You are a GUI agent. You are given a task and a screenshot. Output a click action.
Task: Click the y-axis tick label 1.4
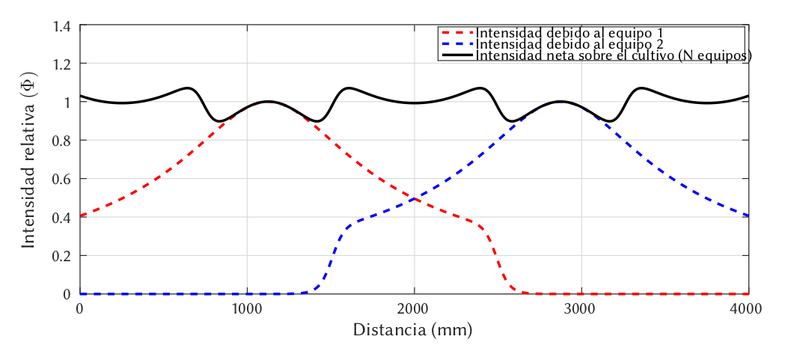click(x=63, y=27)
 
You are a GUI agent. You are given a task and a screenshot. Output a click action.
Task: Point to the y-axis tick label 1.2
click(x=63, y=64)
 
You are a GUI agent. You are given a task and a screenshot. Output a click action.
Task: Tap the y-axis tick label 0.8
click(x=63, y=141)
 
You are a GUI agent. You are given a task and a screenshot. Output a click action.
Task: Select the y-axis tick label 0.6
click(x=63, y=180)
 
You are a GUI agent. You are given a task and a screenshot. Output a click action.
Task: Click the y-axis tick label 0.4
click(x=63, y=218)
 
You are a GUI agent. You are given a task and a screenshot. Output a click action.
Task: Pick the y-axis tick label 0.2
click(x=63, y=256)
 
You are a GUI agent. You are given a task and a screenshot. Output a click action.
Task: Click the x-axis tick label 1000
click(x=246, y=309)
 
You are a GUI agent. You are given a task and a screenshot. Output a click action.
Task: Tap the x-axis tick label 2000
click(x=414, y=309)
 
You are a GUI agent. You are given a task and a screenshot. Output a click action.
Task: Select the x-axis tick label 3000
click(x=581, y=309)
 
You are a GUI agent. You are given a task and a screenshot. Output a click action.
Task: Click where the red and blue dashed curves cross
click(x=414, y=198)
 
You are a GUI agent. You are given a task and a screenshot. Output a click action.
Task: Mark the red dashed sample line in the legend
click(x=457, y=33)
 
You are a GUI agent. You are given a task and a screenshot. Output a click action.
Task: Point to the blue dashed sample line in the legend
click(x=457, y=44)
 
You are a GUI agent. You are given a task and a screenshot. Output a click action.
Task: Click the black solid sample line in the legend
click(x=457, y=55)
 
